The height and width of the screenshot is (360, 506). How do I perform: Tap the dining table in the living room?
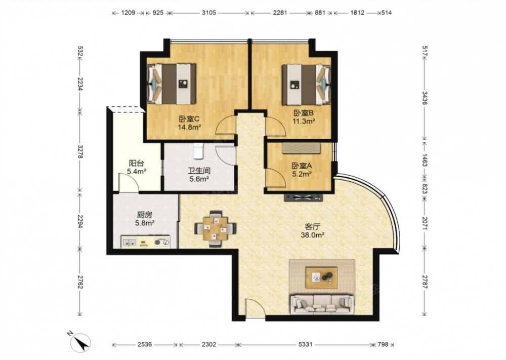pos(215,229)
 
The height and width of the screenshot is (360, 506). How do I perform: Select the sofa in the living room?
pos(322,304)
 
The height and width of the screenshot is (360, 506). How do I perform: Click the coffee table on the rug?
pos(322,277)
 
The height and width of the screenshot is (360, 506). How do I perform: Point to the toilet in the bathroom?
pos(198,151)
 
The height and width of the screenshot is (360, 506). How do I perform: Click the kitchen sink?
pos(130,242)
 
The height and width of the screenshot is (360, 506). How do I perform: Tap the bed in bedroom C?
pos(172,84)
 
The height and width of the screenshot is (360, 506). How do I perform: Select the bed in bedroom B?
pos(306,85)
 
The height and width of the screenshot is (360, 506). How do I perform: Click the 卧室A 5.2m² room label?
pos(302,170)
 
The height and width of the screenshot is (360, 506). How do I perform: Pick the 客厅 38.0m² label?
pos(312,231)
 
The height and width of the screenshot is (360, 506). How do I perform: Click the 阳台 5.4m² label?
pos(137,167)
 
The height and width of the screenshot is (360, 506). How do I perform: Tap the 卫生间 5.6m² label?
pos(199,175)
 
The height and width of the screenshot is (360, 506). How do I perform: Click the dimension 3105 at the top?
pos(209,13)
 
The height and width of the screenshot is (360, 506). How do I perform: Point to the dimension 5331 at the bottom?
pos(305,344)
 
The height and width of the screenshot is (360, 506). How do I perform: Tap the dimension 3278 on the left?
pos(80,151)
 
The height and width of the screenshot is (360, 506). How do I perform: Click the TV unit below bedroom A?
pos(303,197)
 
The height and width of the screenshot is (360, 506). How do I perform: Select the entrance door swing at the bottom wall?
pos(255,308)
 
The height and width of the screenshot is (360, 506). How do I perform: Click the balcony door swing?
pos(129,183)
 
